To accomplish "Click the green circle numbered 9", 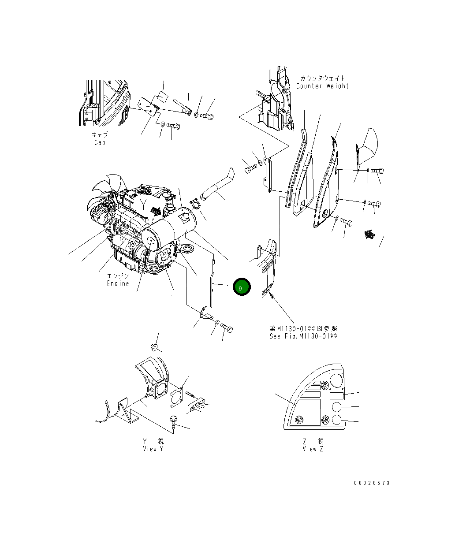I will click(x=241, y=287).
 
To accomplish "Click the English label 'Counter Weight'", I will click(x=322, y=86).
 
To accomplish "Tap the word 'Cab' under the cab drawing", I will click(x=100, y=142).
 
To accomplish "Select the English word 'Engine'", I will click(x=118, y=283).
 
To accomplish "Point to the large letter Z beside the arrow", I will click(x=381, y=242).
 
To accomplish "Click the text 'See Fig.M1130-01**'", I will click(x=303, y=336).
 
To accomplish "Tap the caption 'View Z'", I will click(x=313, y=449).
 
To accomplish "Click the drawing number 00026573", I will click(x=372, y=483).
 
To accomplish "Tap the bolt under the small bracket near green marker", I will click(x=227, y=328).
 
